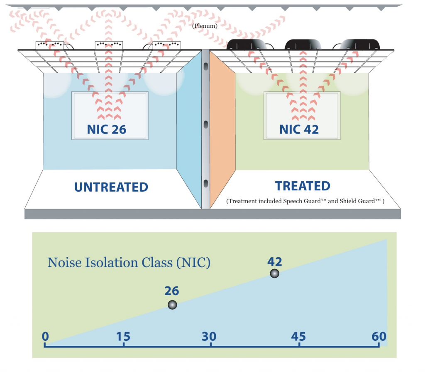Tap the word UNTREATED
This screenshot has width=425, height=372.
(x=111, y=187)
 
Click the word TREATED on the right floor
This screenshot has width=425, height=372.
(x=303, y=186)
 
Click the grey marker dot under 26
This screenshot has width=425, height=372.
(x=172, y=305)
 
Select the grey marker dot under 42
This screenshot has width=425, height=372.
(x=274, y=273)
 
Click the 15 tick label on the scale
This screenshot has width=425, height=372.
(x=123, y=336)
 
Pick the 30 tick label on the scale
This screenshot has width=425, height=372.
(x=210, y=336)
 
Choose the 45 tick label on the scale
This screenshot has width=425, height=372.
(x=298, y=336)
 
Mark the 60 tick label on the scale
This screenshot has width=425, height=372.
(x=379, y=336)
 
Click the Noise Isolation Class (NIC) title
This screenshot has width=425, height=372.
(x=129, y=263)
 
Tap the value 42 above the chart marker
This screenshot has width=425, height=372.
(x=274, y=261)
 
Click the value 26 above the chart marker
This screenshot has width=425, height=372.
(x=171, y=290)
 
